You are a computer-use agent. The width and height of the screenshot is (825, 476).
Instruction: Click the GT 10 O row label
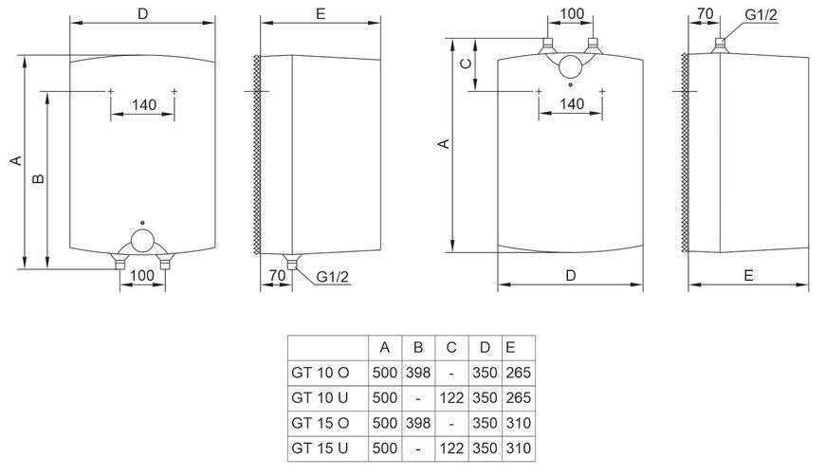coord(320,373)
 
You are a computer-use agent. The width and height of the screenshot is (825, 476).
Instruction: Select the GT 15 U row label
coord(320,449)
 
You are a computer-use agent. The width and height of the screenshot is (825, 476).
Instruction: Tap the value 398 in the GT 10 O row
coord(418,373)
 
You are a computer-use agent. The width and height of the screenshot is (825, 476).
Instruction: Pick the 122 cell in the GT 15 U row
coord(451,449)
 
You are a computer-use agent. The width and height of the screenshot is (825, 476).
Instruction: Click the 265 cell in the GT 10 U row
coord(519,397)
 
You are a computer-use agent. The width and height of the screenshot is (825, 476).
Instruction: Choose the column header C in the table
coord(451,348)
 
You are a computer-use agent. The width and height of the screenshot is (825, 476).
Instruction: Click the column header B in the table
coord(418,348)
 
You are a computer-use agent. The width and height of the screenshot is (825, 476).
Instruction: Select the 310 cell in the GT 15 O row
coord(519,424)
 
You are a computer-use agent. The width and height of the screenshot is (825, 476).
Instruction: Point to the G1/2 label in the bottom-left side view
coord(332,277)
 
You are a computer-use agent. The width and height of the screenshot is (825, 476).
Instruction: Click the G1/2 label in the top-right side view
coord(761,15)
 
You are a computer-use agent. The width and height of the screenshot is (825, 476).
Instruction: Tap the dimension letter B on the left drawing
coord(39,179)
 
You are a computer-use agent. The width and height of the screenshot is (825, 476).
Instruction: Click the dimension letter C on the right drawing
coord(466,64)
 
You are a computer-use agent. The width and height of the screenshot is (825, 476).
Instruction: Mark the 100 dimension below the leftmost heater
coord(142,275)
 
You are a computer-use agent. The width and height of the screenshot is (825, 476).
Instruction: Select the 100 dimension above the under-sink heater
coord(572,13)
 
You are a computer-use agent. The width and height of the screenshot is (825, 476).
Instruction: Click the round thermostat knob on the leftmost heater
coord(142,240)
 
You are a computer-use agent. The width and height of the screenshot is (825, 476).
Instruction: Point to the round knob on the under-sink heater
coord(570,66)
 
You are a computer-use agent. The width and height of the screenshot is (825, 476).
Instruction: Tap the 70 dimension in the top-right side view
coord(705,13)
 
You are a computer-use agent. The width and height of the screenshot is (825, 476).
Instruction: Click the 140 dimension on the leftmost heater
coord(143,104)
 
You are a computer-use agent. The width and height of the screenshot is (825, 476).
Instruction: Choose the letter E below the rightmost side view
coord(749,276)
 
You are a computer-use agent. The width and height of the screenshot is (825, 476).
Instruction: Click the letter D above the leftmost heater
coord(143,13)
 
